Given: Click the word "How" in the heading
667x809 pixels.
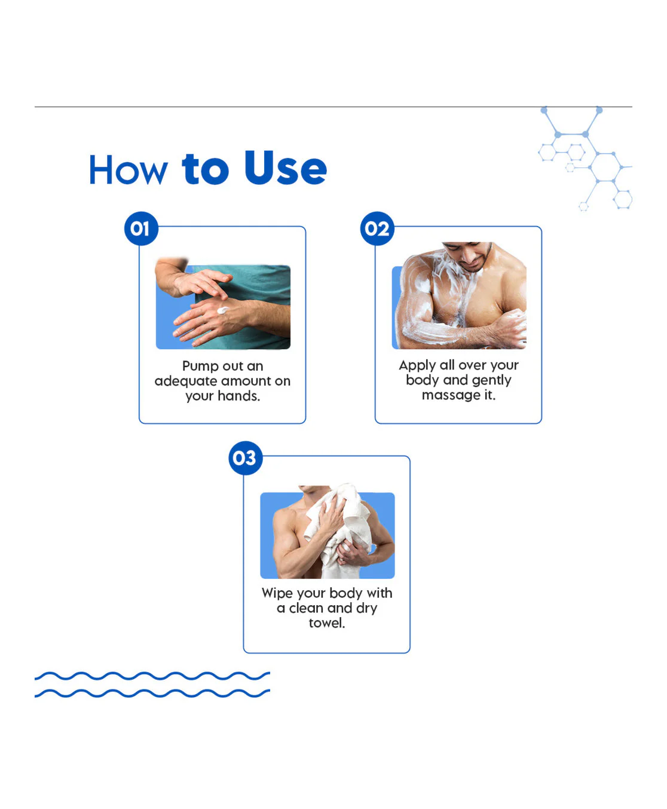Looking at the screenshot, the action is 128,169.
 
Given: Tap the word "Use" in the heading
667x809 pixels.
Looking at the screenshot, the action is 286,167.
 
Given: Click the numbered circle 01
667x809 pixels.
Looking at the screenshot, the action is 141,228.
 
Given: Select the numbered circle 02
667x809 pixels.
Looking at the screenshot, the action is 377,228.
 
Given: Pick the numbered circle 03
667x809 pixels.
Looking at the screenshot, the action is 246,458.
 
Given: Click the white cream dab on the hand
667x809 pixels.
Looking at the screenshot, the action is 223,310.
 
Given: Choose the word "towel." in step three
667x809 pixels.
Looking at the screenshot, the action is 327,623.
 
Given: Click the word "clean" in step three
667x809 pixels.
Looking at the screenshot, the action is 306,608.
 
